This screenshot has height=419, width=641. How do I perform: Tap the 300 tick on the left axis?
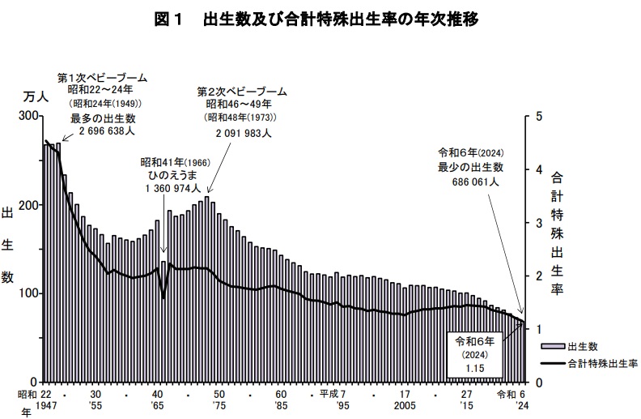coord(28,117)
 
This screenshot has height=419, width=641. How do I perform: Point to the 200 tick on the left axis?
coord(28,205)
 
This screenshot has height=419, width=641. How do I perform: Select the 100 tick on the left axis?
coord(28,293)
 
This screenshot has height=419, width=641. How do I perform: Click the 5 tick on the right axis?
coord(538,117)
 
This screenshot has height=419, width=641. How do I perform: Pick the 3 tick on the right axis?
coord(538,223)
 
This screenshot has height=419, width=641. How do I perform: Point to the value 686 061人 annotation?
coord(474,182)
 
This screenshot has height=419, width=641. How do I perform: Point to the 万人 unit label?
coord(35,97)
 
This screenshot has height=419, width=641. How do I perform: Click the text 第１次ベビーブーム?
coord(102,78)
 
